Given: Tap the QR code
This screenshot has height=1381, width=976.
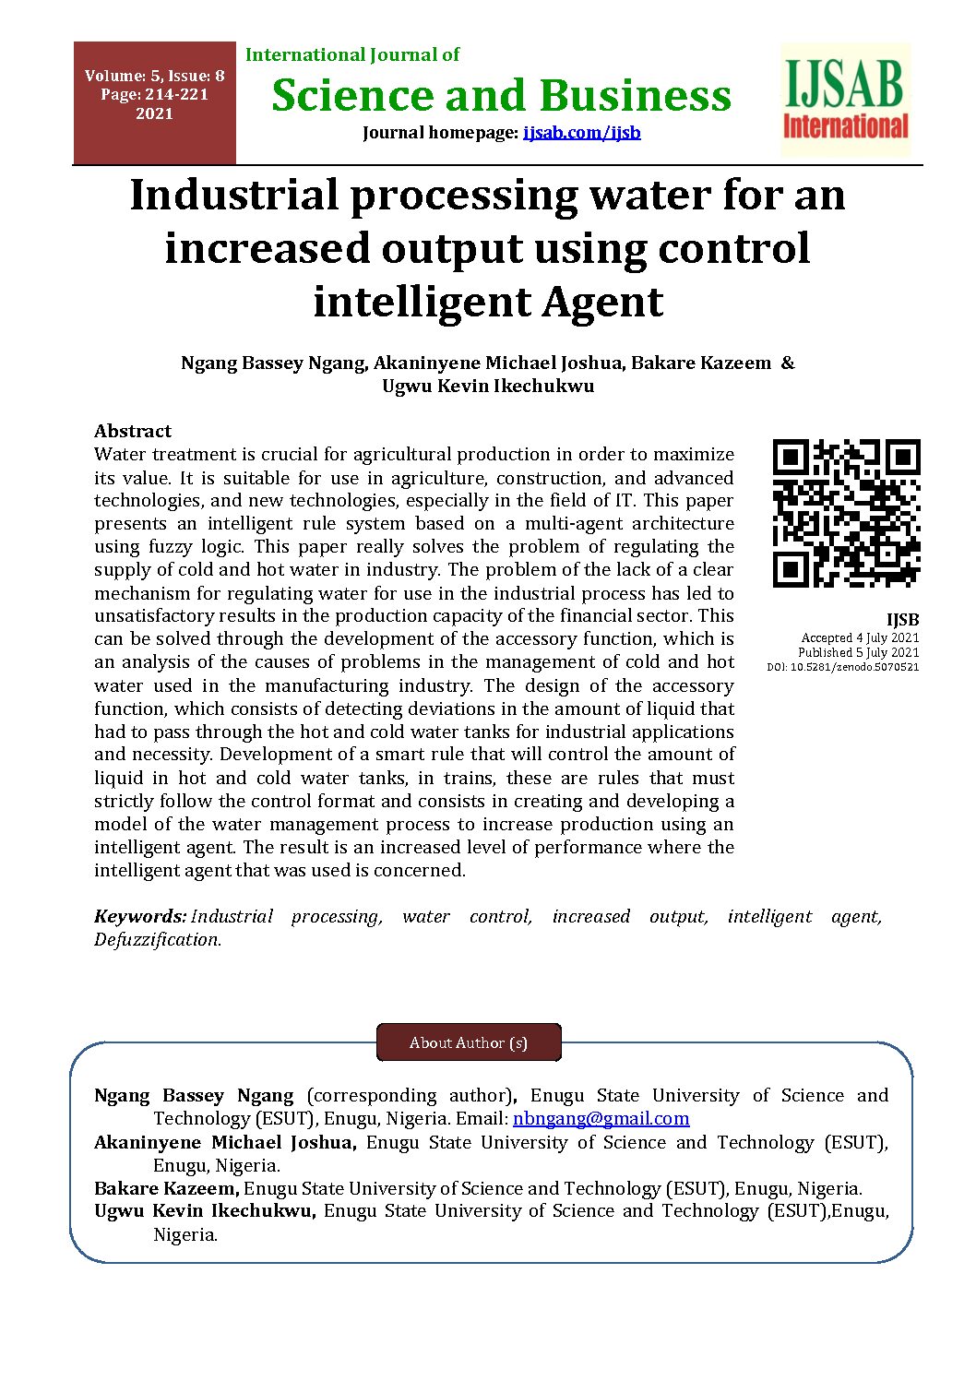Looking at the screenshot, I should (x=846, y=513).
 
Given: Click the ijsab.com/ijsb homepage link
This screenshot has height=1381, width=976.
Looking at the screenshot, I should (x=581, y=133).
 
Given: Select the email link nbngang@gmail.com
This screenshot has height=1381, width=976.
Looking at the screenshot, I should (x=601, y=1119).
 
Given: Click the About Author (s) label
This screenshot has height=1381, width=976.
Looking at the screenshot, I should (x=469, y=1043).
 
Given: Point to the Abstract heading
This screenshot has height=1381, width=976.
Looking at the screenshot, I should (x=133, y=431).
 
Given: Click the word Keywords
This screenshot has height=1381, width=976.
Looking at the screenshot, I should (x=139, y=917).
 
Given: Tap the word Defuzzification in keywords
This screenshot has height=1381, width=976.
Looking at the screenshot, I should (x=157, y=940).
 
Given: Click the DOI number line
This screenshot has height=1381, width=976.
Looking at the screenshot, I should (x=842, y=667).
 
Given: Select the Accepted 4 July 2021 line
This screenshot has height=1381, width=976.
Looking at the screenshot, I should (x=860, y=637).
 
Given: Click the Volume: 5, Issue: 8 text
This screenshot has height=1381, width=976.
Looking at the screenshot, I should (x=154, y=76).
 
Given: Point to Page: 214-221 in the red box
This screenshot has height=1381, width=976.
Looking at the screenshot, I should (x=154, y=95).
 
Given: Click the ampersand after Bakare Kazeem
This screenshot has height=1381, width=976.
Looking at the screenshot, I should (x=787, y=363).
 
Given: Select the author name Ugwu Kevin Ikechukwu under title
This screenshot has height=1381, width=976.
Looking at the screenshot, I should (x=488, y=387).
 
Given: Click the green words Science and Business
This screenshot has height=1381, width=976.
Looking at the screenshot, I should (x=501, y=96).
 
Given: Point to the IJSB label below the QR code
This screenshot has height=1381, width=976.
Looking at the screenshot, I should (x=902, y=620).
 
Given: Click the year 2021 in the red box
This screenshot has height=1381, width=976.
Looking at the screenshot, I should (x=154, y=114).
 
